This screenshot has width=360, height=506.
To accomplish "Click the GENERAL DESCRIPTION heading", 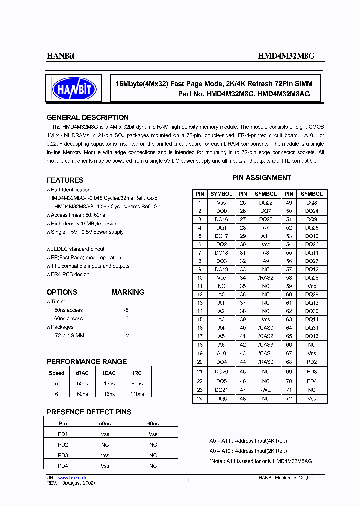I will tap(87, 118).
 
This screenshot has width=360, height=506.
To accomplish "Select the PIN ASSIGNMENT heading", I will tap(261, 178).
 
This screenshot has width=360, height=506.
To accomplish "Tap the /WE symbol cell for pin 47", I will tap(266, 389).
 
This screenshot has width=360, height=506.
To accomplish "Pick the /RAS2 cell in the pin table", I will tap(266, 278).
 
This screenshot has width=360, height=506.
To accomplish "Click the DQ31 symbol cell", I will tap(312, 328).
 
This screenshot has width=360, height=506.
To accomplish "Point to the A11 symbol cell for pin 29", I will tap(266, 236).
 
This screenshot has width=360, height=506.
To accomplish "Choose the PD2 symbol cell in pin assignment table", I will tap(312, 362).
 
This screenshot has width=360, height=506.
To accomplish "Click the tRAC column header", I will tap(82, 373).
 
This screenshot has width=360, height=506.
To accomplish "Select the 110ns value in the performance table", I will tap(137, 394).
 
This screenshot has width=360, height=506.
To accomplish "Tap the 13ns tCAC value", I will tap(109, 384).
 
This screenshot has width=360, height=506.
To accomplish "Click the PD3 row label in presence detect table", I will tap(63, 455).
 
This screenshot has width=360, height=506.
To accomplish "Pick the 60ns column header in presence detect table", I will tap(153, 423).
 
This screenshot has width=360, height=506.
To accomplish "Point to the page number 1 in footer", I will tap(188, 480).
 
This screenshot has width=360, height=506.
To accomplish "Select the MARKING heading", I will tap(128, 292).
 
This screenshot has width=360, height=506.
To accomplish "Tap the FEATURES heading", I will tap(65, 180).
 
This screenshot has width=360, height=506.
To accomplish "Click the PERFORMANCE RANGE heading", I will tap(87, 362).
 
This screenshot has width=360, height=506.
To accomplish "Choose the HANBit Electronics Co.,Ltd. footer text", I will tap(286, 478).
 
